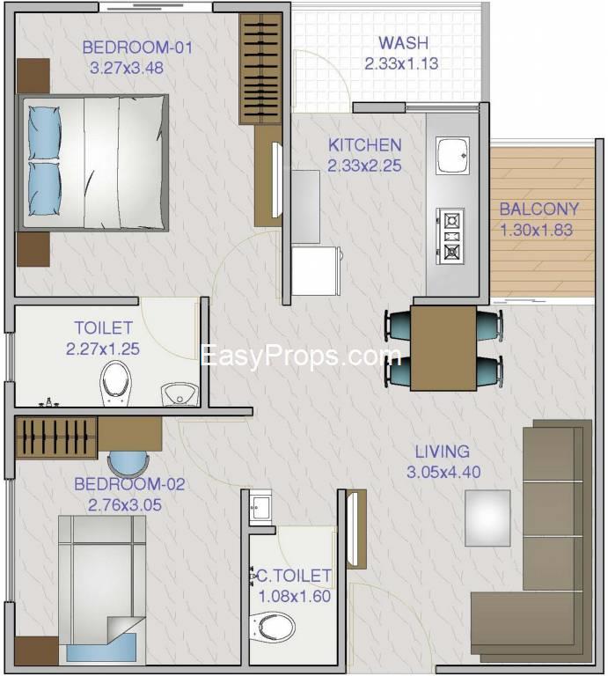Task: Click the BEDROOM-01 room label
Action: coord(137,47)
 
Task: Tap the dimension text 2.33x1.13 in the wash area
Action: coord(401,63)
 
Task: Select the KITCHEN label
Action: coord(364,145)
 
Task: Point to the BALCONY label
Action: coord(538,209)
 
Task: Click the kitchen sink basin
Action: coord(452,156)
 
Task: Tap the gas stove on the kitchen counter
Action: coord(451,236)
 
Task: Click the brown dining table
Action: coord(443,348)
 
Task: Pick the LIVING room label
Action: coord(442,452)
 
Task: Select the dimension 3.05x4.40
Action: coord(443,472)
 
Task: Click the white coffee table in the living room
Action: coord(487,518)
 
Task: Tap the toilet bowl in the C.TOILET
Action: coord(273,628)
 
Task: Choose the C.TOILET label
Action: coord(294,576)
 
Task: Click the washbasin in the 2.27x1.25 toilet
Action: coord(179,394)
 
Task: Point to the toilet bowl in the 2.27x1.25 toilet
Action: coord(115,383)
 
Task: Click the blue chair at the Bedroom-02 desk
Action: coord(128,464)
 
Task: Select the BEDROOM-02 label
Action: coord(129,484)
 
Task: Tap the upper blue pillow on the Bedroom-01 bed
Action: coord(44,134)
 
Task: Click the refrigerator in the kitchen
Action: coord(316,271)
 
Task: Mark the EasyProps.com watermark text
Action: coord(300,356)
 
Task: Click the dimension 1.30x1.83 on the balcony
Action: coord(537,230)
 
